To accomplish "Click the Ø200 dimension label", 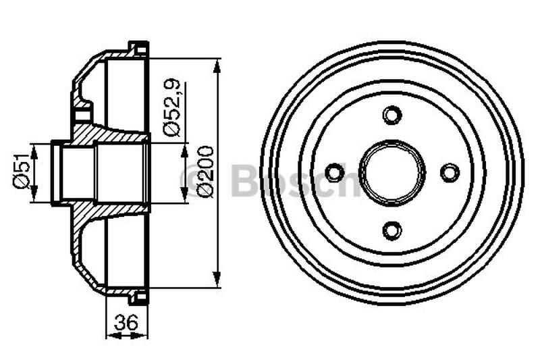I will [206, 172].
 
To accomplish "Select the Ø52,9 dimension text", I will [172, 109].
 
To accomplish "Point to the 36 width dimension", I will [123, 324].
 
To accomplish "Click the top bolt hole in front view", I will [391, 114].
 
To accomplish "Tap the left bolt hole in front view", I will [333, 172].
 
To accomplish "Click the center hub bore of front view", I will [391, 172].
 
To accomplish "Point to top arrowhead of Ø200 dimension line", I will [217, 65].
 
